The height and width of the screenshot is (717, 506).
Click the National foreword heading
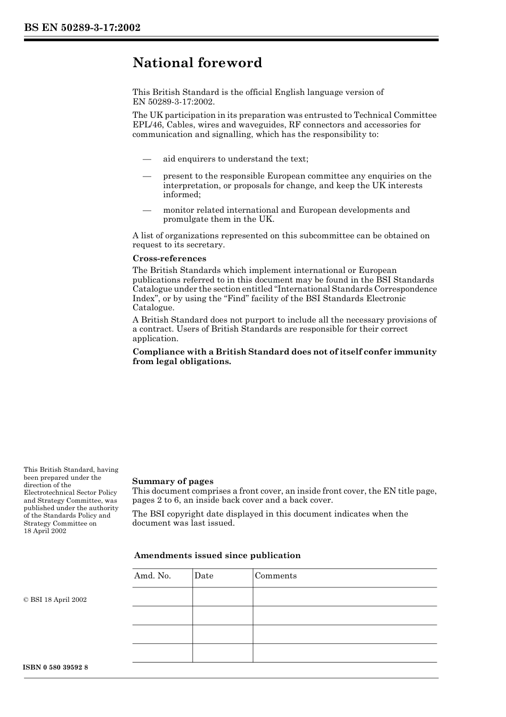pos(197,63)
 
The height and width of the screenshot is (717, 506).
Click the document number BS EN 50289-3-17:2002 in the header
pos(82,27)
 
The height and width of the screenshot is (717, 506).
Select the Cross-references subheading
pos(169,259)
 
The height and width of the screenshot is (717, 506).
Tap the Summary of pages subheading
pos(173,481)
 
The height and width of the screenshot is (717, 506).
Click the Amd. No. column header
pos(152,576)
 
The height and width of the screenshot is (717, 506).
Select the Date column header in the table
pos(203,576)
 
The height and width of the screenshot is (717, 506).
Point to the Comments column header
pos(275,576)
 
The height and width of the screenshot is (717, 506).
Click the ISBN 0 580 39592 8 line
pos(56,668)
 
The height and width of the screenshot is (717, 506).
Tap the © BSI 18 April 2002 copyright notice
pos(55,600)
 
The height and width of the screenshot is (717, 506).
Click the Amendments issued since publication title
pos(217,555)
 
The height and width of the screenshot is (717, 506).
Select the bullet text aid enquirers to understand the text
pos(235,159)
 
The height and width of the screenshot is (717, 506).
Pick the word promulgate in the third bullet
pos(184,219)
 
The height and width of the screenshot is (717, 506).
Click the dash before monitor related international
pos(147,210)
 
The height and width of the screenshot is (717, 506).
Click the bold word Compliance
pos(157,352)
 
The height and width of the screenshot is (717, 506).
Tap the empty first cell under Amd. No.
pos(162,597)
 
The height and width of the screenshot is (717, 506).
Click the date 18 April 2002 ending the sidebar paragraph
pos(45,531)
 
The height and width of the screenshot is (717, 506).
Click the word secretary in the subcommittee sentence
pos(206,245)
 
